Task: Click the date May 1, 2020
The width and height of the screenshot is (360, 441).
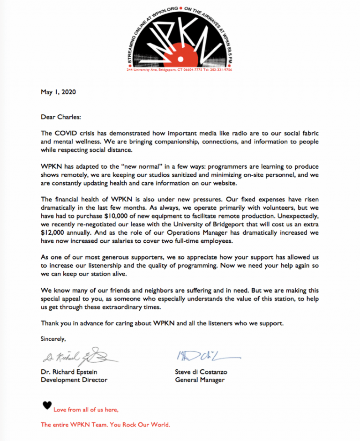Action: pyautogui.click(x=58, y=92)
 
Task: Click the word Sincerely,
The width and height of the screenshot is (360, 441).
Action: pyautogui.click(x=53, y=338)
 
